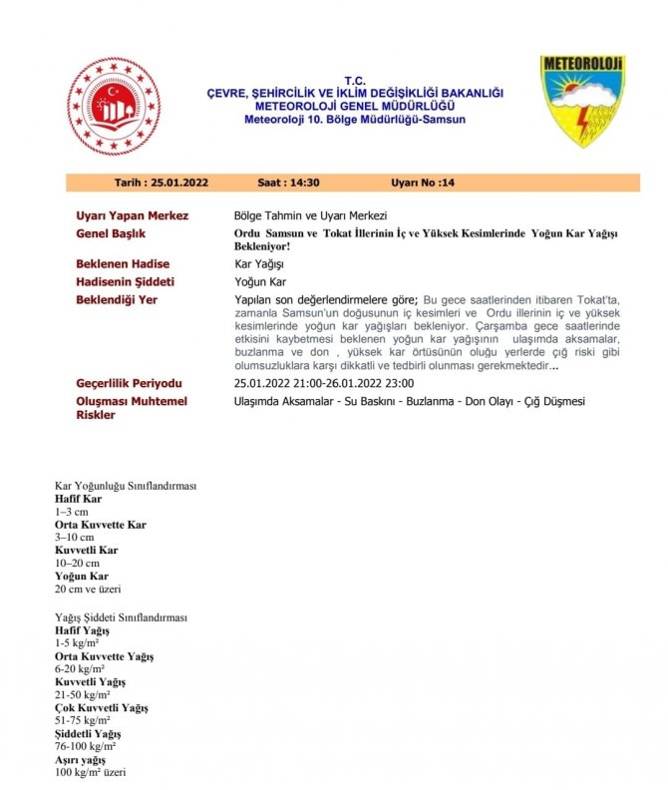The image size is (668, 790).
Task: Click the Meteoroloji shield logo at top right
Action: pyautogui.click(x=583, y=101)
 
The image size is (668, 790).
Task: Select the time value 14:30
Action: pyautogui.click(x=302, y=183)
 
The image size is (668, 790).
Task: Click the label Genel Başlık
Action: pyautogui.click(x=114, y=234)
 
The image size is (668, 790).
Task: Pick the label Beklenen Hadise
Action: pyautogui.click(x=124, y=264)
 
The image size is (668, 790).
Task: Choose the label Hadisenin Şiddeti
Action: pyautogui.click(x=126, y=282)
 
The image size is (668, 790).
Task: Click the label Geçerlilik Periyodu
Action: pyautogui.click(x=129, y=383)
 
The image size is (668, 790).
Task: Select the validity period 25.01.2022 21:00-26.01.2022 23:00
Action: pyautogui.click(x=324, y=383)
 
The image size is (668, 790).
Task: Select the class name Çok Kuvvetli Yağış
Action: pyautogui.click(x=101, y=707)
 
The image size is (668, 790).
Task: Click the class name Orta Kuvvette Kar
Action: pyautogui.click(x=101, y=525)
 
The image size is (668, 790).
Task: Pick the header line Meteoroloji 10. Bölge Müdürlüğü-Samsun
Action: pyautogui.click(x=354, y=120)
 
